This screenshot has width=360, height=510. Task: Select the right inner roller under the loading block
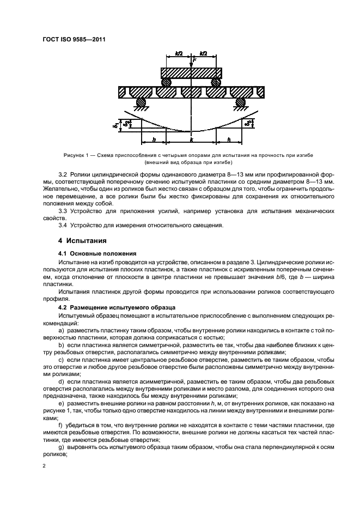(x=216, y=82)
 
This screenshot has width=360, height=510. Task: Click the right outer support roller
(x=240, y=102)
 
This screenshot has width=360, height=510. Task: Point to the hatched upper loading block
(x=191, y=73)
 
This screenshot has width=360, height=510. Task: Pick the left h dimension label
(x=154, y=139)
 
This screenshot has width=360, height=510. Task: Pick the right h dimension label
(x=228, y=139)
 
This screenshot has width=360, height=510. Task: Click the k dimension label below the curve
(x=191, y=140)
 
